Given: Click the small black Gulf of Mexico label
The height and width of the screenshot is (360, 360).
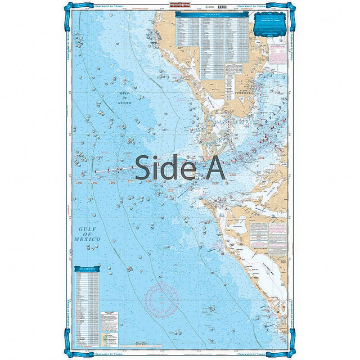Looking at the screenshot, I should point(125,98).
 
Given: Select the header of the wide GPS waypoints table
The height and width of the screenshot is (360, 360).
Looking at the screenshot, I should point(212,15).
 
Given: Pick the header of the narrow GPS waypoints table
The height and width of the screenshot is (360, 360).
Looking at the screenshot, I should point(86,269).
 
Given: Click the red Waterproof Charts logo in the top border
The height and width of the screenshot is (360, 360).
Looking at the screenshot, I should point(181,6).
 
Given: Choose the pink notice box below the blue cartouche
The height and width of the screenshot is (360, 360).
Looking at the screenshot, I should point(277,54).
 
